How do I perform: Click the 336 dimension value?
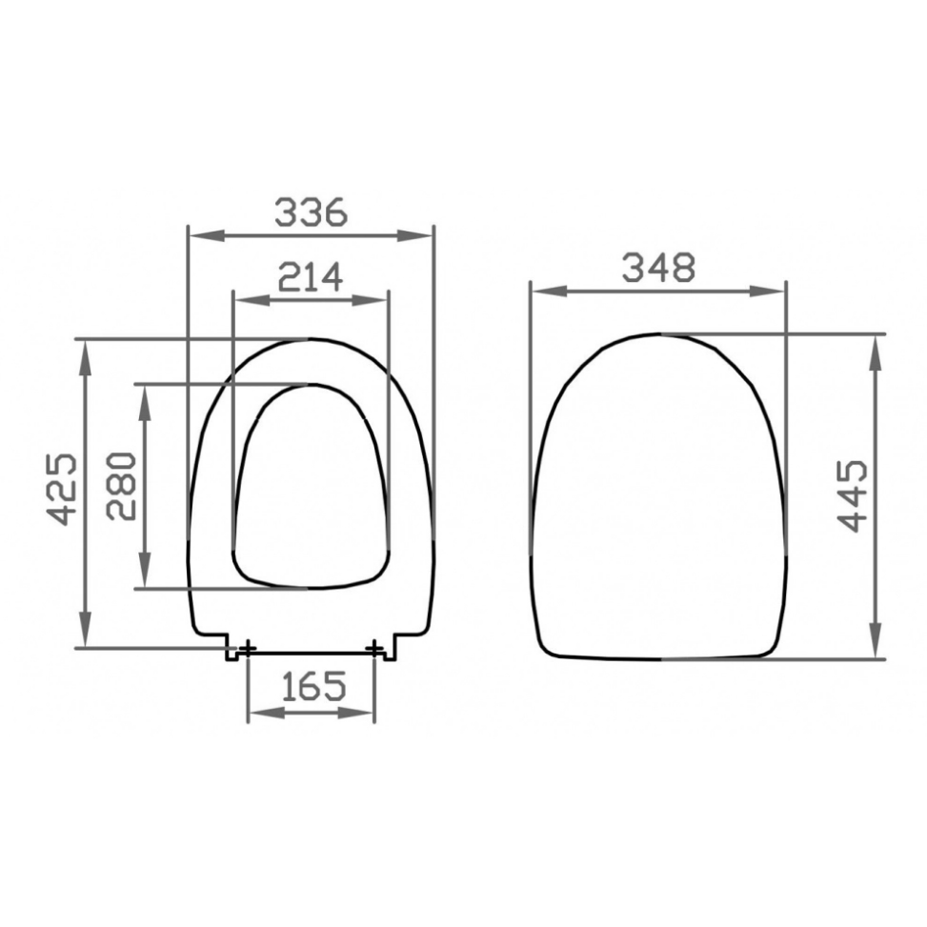(x=311, y=212)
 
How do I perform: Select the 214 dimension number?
(x=311, y=277)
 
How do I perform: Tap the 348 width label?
(x=658, y=267)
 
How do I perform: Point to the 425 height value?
(x=62, y=490)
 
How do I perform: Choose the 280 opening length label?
(x=121, y=486)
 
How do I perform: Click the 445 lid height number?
(x=852, y=496)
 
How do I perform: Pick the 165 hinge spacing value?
(x=312, y=686)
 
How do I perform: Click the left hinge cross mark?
(x=247, y=649)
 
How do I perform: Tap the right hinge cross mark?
(x=374, y=649)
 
